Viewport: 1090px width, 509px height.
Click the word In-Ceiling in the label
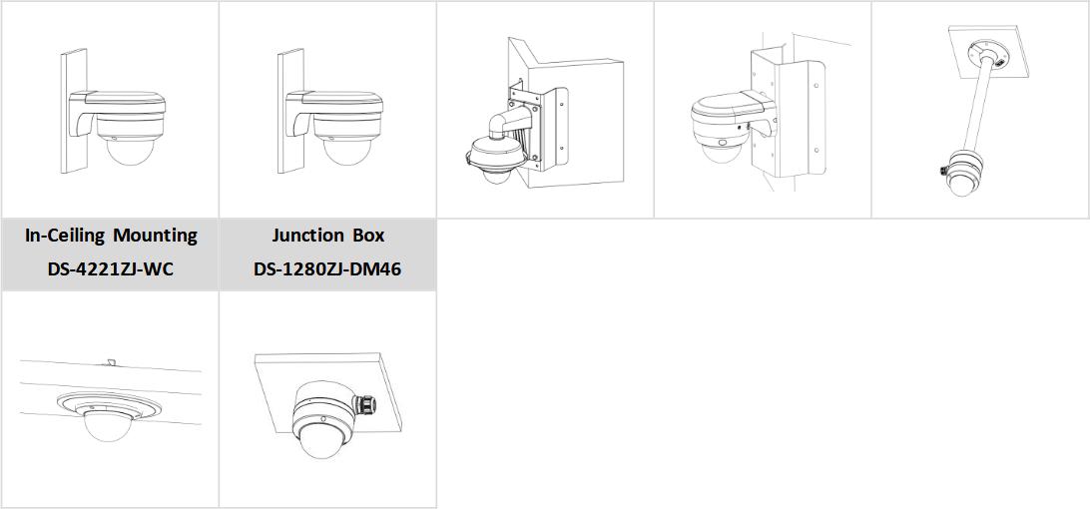click(64, 236)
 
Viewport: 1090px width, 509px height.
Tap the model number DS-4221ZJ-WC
click(111, 269)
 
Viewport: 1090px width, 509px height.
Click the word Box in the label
click(368, 236)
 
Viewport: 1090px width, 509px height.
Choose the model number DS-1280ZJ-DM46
click(327, 269)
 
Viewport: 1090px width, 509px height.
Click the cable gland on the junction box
click(363, 404)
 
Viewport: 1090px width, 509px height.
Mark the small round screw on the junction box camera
click(323, 419)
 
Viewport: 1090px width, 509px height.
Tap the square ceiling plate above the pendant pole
click(988, 52)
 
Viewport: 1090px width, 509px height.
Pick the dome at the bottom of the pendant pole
click(963, 186)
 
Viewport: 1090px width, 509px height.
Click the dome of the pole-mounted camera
click(717, 153)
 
